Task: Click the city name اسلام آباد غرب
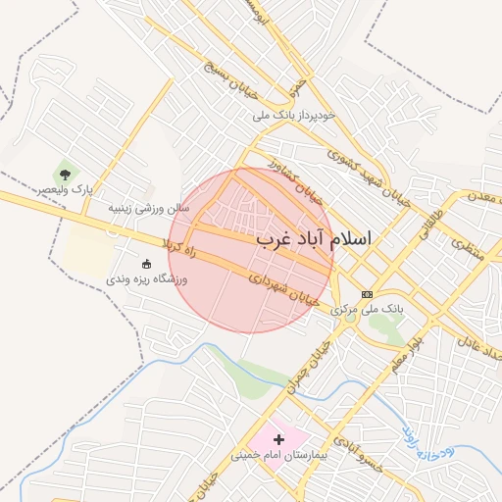pos(315,238)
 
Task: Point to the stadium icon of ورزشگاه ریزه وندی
pos(147,264)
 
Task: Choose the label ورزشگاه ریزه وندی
pos(147,279)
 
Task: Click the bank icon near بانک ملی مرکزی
pos(368,294)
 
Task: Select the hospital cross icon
pos(278,440)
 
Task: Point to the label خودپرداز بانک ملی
pos(293,116)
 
